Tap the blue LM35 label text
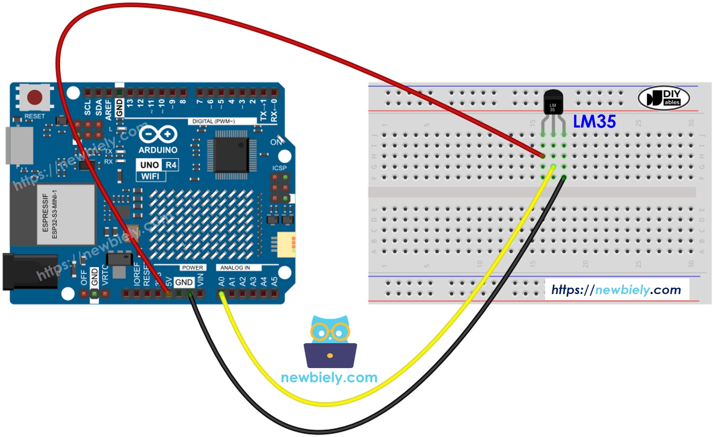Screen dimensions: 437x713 (594, 122)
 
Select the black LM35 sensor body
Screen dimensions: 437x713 (553, 103)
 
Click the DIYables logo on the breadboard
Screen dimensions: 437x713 (663, 98)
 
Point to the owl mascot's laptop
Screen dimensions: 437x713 (330, 355)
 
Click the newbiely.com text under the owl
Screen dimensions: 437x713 (329, 378)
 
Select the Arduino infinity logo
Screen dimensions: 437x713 (158, 134)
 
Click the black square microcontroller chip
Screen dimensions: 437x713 (231, 155)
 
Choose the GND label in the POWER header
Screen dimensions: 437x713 (184, 282)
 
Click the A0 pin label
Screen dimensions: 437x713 (221, 282)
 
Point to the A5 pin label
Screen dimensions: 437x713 (274, 282)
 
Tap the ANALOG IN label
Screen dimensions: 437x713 (235, 268)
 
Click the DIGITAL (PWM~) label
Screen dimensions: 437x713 (213, 121)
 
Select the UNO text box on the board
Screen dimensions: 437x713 (149, 165)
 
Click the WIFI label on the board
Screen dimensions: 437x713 (150, 176)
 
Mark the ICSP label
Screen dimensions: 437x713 (279, 168)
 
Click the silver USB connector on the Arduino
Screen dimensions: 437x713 (19, 146)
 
